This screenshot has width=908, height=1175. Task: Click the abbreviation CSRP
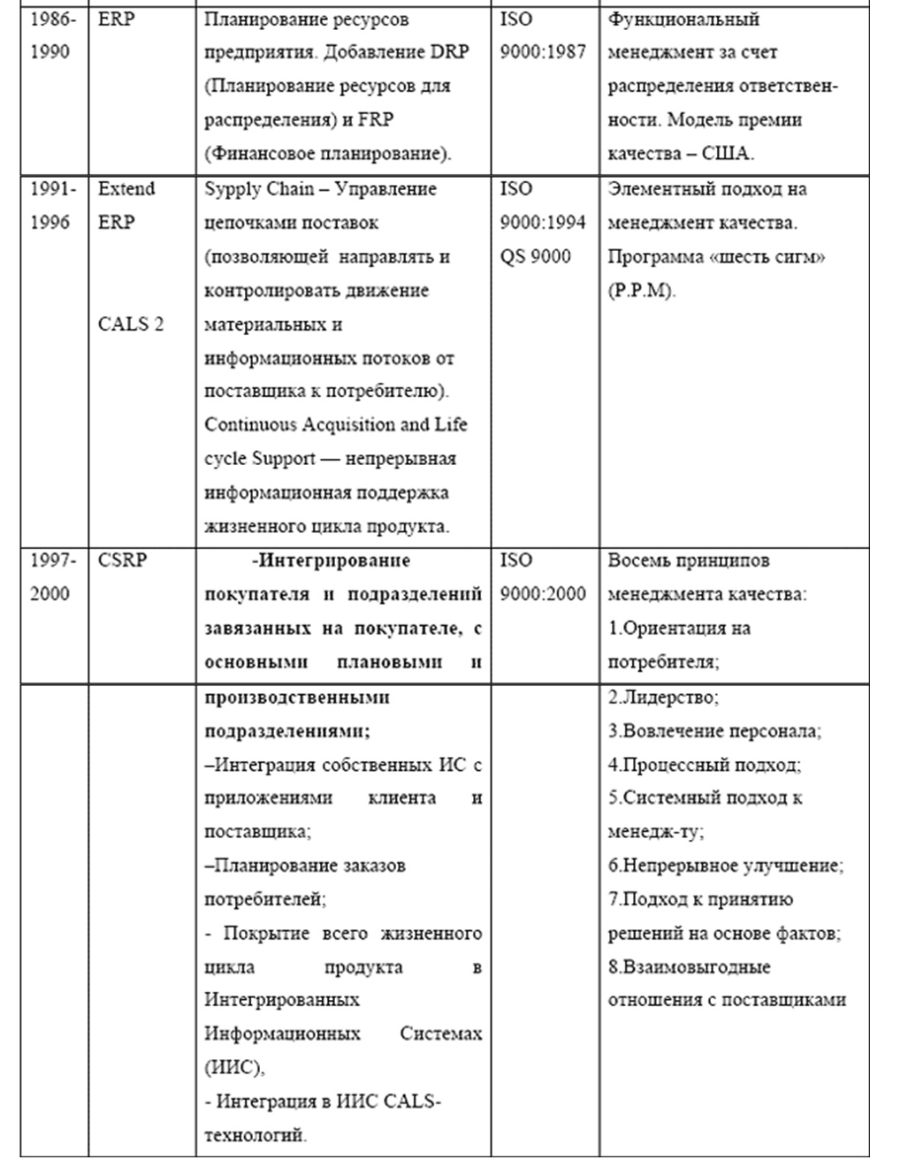(x=122, y=560)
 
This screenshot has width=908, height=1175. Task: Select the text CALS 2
(x=130, y=324)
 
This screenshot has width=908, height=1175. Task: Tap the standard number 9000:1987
(x=543, y=52)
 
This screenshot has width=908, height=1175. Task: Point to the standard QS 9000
(x=535, y=256)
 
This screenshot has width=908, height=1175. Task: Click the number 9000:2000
(x=543, y=594)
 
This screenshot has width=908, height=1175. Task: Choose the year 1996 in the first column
(x=50, y=222)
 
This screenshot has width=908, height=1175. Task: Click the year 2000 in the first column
(x=50, y=594)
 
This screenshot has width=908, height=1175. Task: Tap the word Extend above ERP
(x=126, y=188)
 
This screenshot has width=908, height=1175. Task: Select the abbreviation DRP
(x=449, y=52)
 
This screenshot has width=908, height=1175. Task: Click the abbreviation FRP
(x=375, y=120)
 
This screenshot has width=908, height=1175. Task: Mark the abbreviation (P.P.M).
(x=642, y=291)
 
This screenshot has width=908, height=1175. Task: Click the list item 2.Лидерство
(x=663, y=697)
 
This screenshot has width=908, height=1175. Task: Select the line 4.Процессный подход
(x=704, y=765)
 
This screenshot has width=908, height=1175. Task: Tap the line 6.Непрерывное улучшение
(x=725, y=866)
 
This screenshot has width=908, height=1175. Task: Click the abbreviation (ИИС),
(x=234, y=1067)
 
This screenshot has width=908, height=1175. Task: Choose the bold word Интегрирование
(x=335, y=561)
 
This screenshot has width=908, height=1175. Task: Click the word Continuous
(x=251, y=424)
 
